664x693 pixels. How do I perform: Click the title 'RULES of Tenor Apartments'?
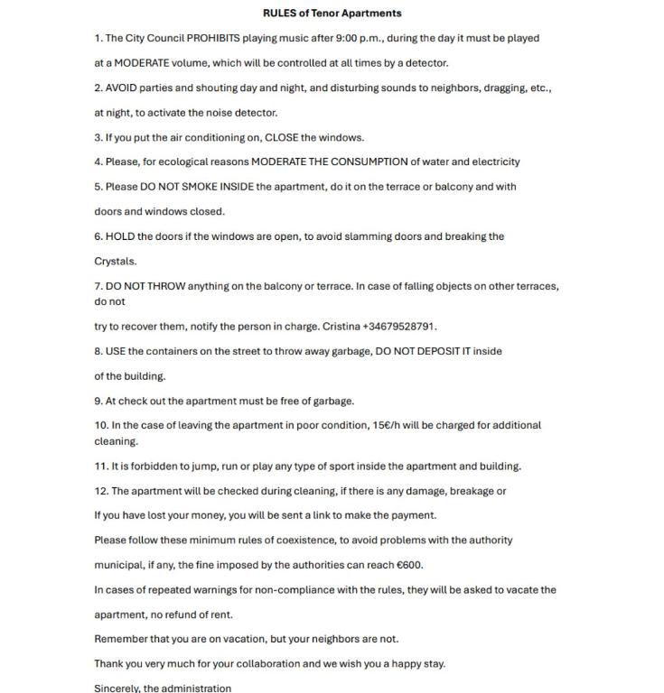pos(332,14)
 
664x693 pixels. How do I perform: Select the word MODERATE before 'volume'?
pos(141,63)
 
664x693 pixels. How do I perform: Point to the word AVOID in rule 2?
pos(122,88)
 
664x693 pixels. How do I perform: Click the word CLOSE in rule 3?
pos(281,138)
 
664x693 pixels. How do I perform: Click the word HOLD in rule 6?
pos(120,236)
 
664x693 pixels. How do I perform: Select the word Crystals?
pos(116,262)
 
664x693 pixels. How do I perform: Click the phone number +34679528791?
pos(399,327)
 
